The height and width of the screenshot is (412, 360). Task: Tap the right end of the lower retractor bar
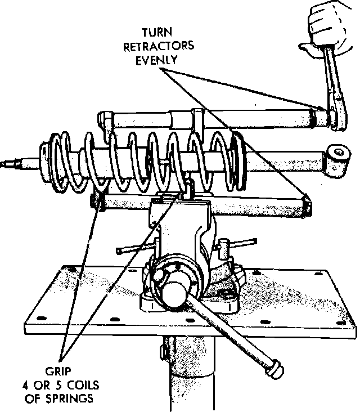307,205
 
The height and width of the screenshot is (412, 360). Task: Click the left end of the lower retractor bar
97,201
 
